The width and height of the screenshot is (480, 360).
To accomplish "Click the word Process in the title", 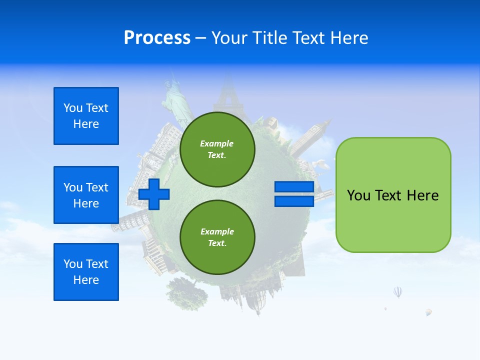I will [157, 38].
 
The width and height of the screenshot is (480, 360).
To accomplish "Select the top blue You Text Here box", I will [86, 116].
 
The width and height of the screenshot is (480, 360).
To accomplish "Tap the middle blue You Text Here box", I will [86, 195].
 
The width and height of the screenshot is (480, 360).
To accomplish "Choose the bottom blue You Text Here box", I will [86, 272].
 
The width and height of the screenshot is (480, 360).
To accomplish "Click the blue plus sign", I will [154, 194].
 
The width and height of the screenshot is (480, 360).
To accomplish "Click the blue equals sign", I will [294, 194].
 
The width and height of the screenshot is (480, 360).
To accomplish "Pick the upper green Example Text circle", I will [217, 149].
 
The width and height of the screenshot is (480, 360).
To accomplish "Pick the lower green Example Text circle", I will [217, 237].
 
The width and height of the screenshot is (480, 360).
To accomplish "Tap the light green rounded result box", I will [393, 195].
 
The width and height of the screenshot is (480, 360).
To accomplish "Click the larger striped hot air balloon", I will [397, 291].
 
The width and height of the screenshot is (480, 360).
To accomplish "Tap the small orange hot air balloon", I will [428, 312].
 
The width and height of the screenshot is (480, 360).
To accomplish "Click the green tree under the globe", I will [186, 292].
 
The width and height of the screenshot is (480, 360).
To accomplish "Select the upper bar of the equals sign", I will [294, 186].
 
